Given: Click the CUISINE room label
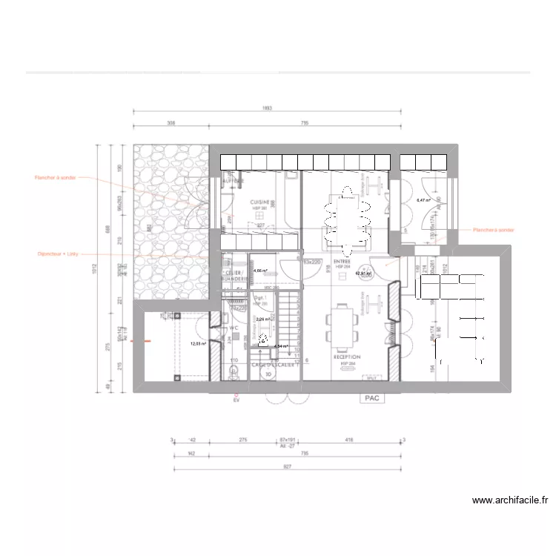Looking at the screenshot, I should click(x=259, y=202).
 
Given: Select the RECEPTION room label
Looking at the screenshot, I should click(x=345, y=357).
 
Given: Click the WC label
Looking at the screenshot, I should click(x=233, y=327).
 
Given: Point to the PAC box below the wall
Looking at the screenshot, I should click(x=371, y=398).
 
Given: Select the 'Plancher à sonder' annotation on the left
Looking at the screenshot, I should click(x=55, y=178).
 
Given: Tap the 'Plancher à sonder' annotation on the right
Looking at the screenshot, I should click(x=493, y=231).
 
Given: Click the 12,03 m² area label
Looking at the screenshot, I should click(x=198, y=344).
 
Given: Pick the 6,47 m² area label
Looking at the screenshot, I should click(x=423, y=200).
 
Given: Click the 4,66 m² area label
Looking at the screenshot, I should click(x=261, y=271).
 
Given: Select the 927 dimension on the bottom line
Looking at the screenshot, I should click(x=288, y=466).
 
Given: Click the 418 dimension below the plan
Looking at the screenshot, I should click(x=348, y=440).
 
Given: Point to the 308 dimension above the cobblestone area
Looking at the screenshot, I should click(x=171, y=125).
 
